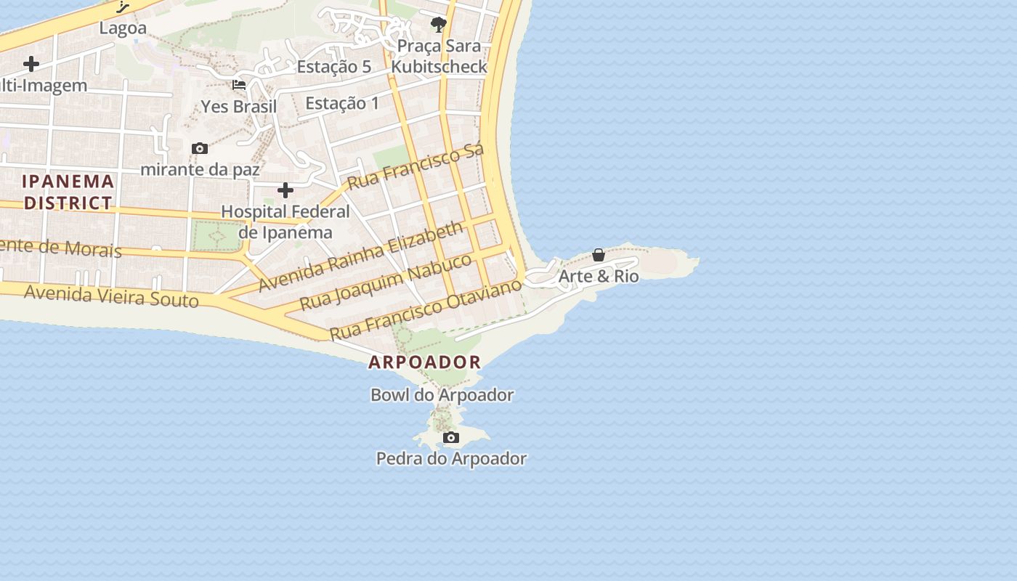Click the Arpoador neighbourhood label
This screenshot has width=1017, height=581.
(424, 362)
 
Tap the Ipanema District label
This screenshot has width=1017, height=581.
(68, 192)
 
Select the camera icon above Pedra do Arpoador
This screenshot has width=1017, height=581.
(451, 437)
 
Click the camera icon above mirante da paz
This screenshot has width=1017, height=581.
(200, 149)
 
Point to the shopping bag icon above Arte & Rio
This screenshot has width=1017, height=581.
(599, 255)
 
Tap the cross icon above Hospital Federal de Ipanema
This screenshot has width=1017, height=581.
(285, 190)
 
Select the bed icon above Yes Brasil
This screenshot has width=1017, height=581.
(239, 85)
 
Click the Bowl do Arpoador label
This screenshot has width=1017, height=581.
(442, 395)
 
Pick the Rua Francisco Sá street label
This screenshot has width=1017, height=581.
(416, 168)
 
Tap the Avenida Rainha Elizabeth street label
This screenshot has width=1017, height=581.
(360, 256)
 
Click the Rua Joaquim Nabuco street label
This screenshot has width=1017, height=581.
(386, 282)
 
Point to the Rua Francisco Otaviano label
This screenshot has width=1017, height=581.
(426, 309)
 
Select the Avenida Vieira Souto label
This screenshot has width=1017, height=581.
(111, 296)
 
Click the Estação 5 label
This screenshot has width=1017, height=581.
(334, 67)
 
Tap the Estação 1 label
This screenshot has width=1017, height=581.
(342, 103)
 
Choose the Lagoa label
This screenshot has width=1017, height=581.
(123, 28)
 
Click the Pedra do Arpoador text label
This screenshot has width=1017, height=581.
(451, 458)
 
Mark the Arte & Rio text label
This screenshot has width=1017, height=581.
(599, 276)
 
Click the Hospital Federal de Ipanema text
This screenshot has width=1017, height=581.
(285, 222)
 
